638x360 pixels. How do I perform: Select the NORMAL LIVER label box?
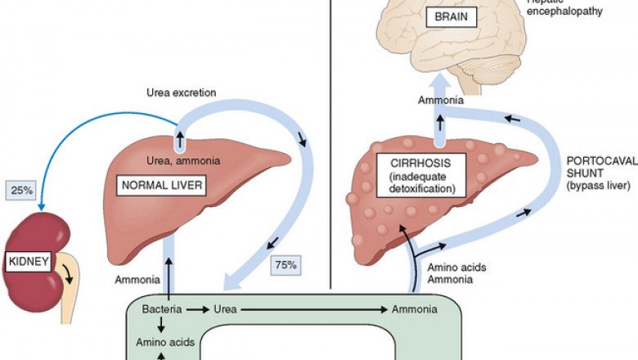pos(164,186)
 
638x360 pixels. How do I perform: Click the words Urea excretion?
pos(181,92)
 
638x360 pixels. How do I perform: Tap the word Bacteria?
pos(161,311)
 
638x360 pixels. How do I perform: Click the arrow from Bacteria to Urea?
pos(196,311)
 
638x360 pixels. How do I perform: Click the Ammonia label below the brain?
pos(442,100)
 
